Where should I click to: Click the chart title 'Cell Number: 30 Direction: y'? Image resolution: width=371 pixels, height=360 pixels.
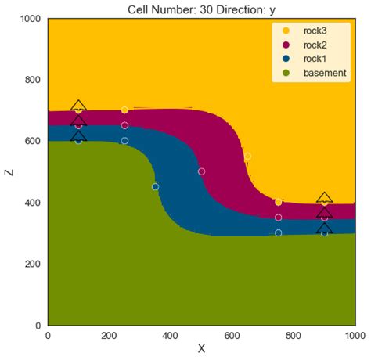click(202, 9)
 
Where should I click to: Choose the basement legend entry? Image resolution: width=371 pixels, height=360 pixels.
click(314, 73)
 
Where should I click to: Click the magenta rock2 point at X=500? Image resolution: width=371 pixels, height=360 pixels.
click(201, 171)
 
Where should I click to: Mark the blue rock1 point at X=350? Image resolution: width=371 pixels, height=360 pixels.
click(155, 186)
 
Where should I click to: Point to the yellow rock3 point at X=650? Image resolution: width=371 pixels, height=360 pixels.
click(247, 157)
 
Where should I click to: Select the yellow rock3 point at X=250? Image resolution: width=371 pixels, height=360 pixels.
click(124, 110)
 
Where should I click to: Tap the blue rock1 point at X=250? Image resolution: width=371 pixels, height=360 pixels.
click(124, 141)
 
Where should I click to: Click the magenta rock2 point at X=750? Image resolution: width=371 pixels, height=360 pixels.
click(278, 218)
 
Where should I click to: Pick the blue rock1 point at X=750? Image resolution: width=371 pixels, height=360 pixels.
click(278, 232)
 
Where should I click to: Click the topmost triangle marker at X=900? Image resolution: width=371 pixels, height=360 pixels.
click(324, 199)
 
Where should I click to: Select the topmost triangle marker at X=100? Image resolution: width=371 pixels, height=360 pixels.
click(78, 106)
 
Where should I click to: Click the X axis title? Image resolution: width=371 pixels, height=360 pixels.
click(201, 349)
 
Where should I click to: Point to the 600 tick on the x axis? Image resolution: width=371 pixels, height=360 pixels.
click(232, 334)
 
